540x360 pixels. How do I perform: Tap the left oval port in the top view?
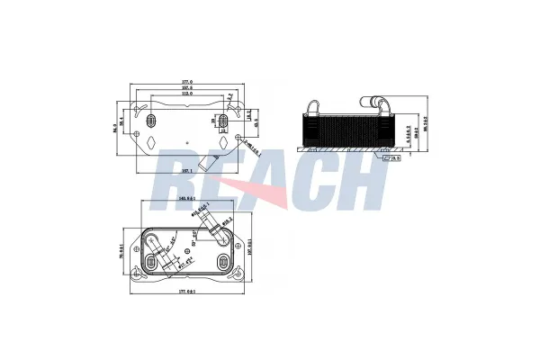tap(150, 120)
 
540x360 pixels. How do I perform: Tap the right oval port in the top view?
tap(223, 120)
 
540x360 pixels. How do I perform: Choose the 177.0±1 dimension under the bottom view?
tap(188, 292)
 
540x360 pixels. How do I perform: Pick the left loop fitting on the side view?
tap(312, 105)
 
